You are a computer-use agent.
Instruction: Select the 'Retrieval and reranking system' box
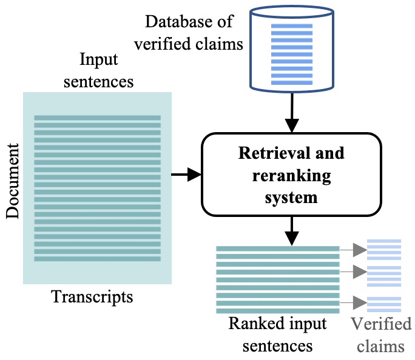(291, 175)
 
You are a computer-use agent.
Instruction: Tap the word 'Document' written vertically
(13, 181)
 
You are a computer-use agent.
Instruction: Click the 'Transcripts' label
(92, 297)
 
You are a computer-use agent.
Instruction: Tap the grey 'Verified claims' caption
(380, 335)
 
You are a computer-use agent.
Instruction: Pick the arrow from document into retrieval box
(186, 175)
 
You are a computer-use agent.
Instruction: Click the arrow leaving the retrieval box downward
(292, 230)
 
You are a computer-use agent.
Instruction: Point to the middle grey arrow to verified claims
(353, 273)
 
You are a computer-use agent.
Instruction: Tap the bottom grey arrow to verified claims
(353, 301)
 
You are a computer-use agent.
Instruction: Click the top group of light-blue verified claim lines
(384, 250)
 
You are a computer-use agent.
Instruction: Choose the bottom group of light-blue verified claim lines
(384, 304)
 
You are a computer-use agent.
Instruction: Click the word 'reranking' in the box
(291, 176)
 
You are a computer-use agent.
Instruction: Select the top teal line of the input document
(97, 118)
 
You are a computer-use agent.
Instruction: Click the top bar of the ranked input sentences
(277, 249)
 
